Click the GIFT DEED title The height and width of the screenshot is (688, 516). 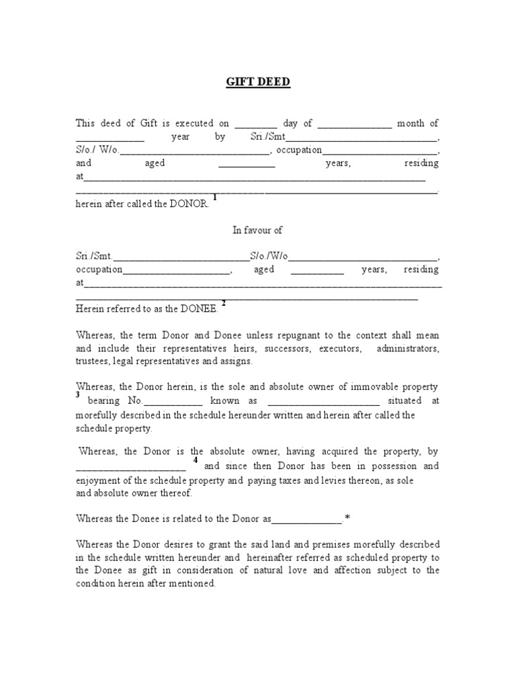257,83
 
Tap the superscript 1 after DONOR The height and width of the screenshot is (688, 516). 214,197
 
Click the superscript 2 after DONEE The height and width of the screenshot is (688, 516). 223,303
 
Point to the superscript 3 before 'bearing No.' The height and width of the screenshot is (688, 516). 78,396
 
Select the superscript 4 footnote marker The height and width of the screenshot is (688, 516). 196,460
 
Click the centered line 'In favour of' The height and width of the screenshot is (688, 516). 257,230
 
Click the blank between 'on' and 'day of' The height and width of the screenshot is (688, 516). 256,124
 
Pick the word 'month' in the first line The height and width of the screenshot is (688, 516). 411,123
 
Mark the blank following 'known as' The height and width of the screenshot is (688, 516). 324,402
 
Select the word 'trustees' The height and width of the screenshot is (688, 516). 93,361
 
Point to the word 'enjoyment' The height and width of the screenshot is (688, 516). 100,480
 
